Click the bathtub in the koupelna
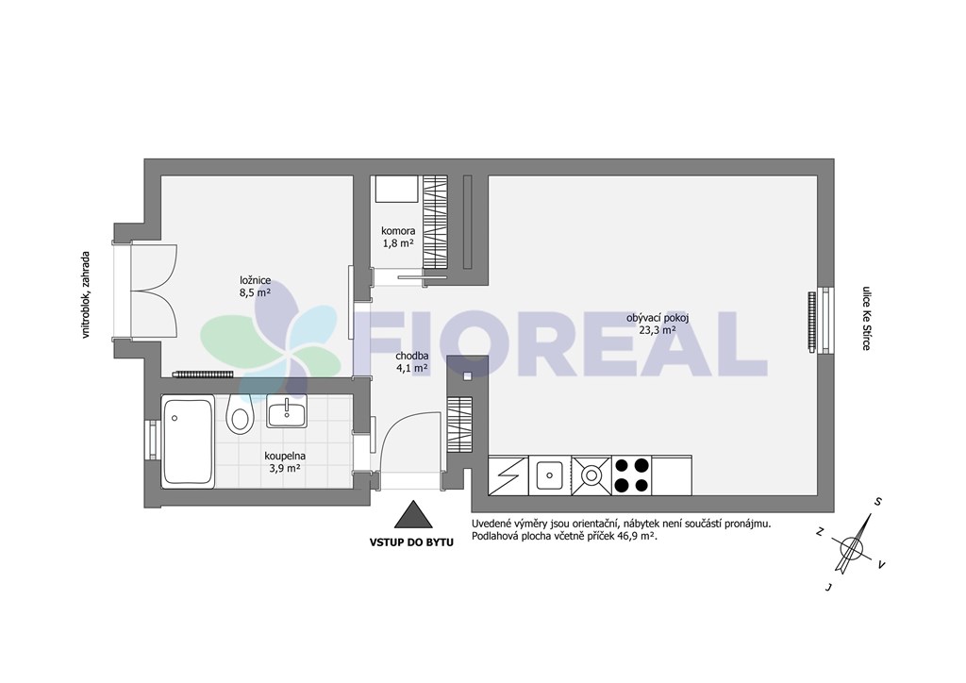click(188, 441)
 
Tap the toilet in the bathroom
click(240, 413)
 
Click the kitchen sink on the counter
click(549, 475)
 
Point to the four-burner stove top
click(632, 475)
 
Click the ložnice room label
click(256, 287)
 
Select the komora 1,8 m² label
click(397, 237)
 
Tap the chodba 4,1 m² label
click(411, 362)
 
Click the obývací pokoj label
click(657, 324)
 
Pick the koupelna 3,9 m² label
click(285, 462)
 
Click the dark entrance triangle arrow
click(412, 514)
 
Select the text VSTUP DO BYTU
click(411, 542)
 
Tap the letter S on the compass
click(877, 501)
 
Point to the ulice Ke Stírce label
click(866, 318)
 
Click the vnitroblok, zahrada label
click(86, 294)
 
